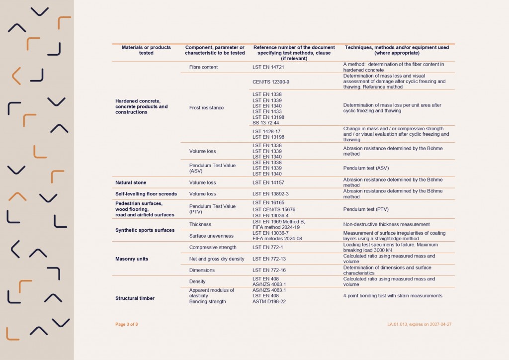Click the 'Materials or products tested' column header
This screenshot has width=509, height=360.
(x=146, y=50)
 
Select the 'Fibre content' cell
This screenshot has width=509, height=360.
(x=203, y=67)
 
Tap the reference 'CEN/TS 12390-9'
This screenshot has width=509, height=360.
(x=271, y=82)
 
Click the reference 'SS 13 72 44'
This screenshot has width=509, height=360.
(x=266, y=123)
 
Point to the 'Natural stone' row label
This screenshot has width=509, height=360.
(x=131, y=182)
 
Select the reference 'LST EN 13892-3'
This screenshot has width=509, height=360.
(x=270, y=194)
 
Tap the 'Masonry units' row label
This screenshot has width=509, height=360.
(x=132, y=259)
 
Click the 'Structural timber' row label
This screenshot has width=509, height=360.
(x=135, y=298)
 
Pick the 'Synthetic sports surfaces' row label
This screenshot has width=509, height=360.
(x=145, y=230)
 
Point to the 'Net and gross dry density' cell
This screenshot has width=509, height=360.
(x=216, y=259)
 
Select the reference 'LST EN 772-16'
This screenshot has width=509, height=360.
(x=269, y=270)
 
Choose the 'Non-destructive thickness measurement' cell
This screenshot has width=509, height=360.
(x=386, y=224)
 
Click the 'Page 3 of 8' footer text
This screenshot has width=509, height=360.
(x=127, y=324)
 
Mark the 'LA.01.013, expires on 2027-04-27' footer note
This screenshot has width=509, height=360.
(x=420, y=324)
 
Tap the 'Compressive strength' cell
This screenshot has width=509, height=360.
(x=212, y=247)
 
